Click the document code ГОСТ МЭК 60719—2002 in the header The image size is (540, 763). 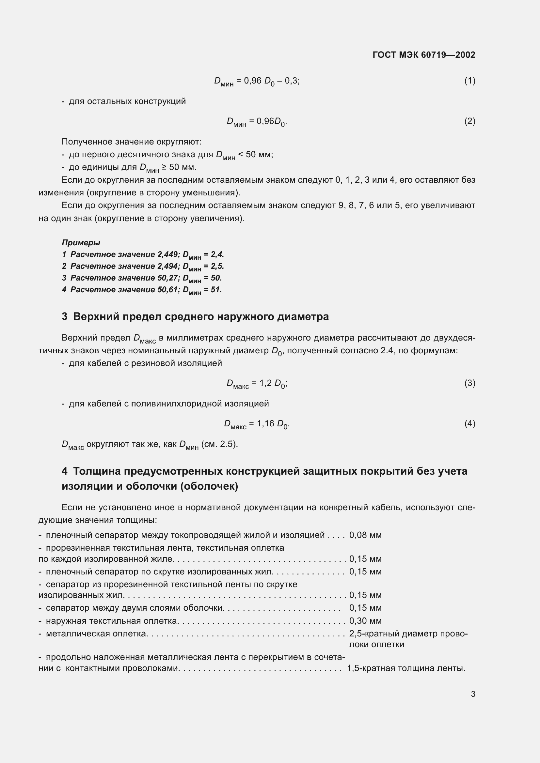[x=424, y=55]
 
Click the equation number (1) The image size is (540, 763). [x=469, y=81]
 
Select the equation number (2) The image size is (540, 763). [x=469, y=121]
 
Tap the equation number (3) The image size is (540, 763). [x=469, y=383]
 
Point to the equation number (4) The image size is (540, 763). [x=469, y=423]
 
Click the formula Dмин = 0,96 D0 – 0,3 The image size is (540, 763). [x=257, y=82]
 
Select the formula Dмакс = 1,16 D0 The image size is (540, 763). [x=257, y=424]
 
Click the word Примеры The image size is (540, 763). [x=81, y=243]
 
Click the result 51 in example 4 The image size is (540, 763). [x=215, y=289]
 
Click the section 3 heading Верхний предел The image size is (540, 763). [x=195, y=316]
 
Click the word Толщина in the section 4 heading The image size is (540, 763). [x=97, y=471]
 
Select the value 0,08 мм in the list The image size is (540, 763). [x=365, y=535]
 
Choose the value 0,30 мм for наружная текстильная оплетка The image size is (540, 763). [x=365, y=621]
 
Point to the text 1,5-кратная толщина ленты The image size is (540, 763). [x=406, y=668]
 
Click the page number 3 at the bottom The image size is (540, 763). [x=473, y=694]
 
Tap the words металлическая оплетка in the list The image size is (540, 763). [x=96, y=634]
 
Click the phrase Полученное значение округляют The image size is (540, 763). [x=131, y=142]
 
